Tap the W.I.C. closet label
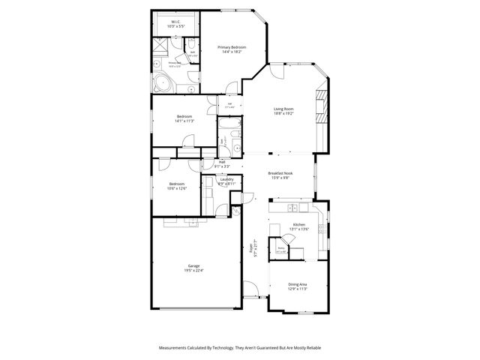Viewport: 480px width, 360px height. coord(175,22)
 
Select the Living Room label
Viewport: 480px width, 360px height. coord(283,109)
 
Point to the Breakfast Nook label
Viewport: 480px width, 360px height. coord(280,173)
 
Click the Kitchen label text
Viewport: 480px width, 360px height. coord(299,225)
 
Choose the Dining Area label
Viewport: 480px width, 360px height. coord(298,284)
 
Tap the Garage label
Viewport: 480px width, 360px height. coord(193,265)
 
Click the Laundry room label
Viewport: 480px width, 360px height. coord(226,178)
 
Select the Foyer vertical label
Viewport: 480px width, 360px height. coord(254,248)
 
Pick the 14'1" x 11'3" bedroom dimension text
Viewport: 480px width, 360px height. coord(184,121)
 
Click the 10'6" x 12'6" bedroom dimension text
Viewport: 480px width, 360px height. coord(177,188)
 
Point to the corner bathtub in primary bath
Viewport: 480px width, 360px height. coord(161,82)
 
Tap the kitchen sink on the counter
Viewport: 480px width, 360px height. coord(294,207)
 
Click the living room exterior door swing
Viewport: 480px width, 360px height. coord(277,72)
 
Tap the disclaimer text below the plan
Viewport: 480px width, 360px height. coord(239,348)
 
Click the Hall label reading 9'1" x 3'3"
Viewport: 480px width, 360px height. coord(222,164)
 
